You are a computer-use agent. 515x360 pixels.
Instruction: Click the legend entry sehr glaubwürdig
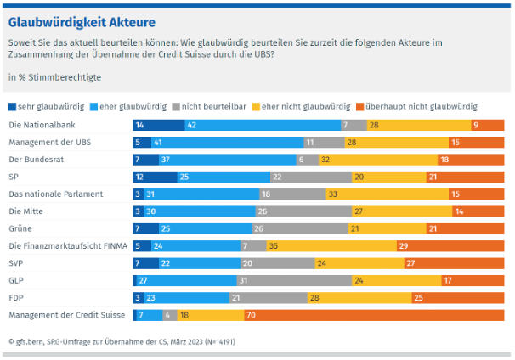[x=42, y=106]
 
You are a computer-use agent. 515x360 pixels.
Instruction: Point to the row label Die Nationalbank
[x=37, y=125]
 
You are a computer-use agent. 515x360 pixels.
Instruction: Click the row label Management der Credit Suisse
[x=66, y=314]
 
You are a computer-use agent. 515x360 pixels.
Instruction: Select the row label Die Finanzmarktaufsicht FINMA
[x=67, y=245]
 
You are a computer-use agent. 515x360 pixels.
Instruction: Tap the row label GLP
[x=16, y=280]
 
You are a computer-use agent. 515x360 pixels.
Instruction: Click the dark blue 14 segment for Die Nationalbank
[x=159, y=125]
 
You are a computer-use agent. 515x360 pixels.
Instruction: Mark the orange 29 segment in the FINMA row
[x=450, y=245]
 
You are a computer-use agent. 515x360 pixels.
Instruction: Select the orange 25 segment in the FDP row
[x=458, y=297]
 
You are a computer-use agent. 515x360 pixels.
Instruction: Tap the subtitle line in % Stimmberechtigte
[x=54, y=77]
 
